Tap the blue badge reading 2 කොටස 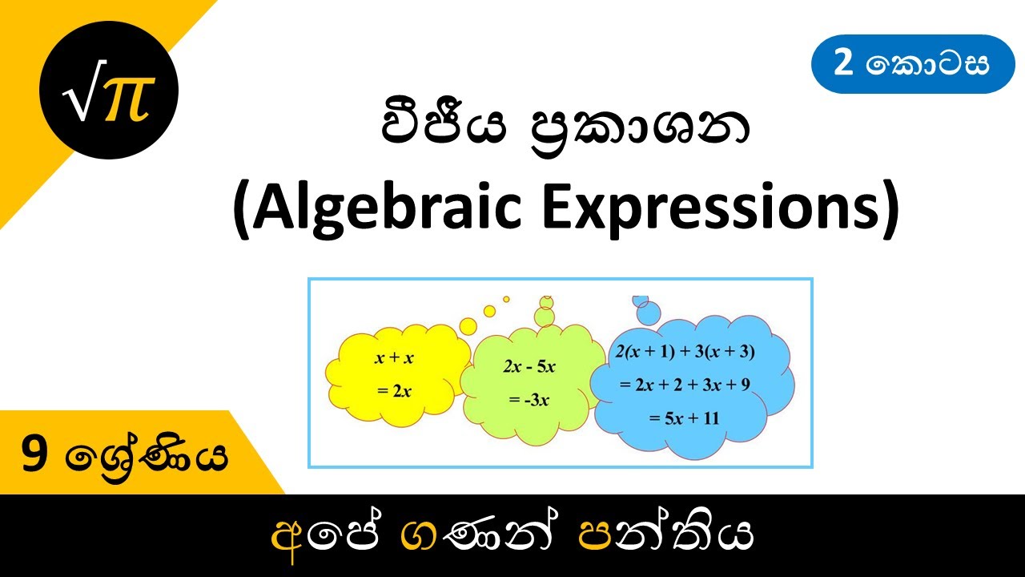[913, 64]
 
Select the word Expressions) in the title [721, 210]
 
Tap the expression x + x [394, 358]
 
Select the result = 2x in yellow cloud [394, 391]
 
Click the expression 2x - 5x [529, 367]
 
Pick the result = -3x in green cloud [529, 400]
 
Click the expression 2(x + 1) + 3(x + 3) [685, 350]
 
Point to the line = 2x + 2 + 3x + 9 [685, 384]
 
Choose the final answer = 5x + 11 [685, 417]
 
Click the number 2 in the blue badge [842, 64]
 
